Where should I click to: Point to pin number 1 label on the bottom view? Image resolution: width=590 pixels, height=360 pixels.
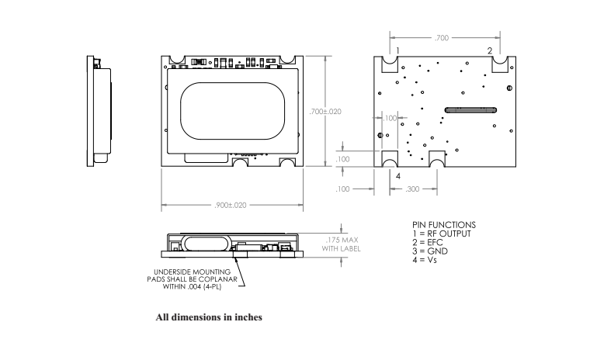397,50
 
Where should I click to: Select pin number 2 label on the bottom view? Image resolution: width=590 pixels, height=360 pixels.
489,50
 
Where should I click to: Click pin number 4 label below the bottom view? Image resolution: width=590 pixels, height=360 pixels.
398,176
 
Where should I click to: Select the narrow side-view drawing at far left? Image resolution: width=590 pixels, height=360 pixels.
99,112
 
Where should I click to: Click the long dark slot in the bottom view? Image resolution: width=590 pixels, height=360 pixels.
470,110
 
